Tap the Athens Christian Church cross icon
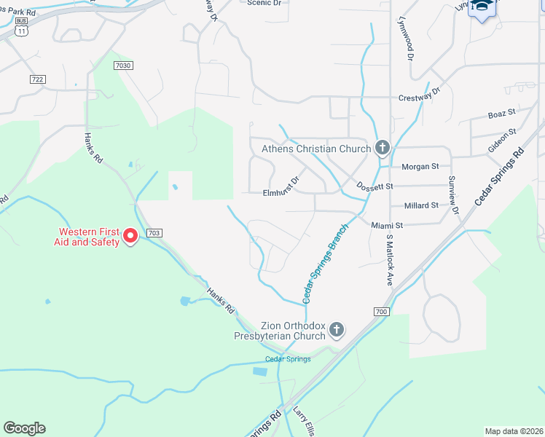[381, 149]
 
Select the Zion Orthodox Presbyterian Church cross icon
[336, 330]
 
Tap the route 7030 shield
[125, 66]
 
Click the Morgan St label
[420, 166]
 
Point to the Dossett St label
[375, 186]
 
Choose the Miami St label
[387, 226]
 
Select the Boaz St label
[502, 114]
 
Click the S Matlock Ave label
[390, 260]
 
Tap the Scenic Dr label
[264, 3]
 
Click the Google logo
[24, 428]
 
